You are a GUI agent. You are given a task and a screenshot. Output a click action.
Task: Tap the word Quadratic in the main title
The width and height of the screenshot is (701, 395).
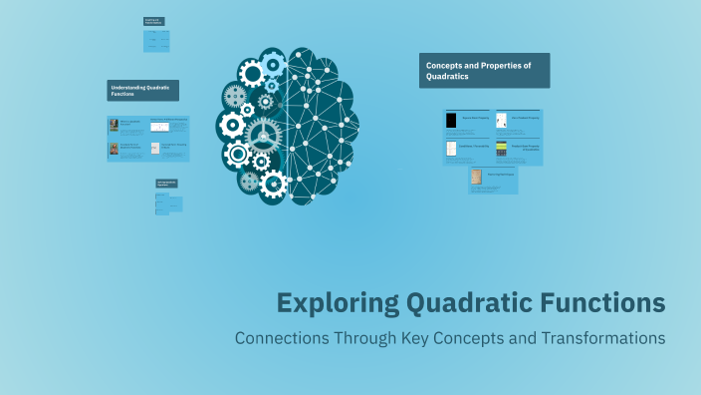tap(463, 302)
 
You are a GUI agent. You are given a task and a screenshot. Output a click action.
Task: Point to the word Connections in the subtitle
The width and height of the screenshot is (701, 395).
tap(283, 338)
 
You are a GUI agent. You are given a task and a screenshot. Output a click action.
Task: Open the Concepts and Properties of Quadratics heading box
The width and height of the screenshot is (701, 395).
tap(484, 71)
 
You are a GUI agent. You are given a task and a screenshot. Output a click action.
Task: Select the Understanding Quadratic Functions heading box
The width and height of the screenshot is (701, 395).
tap(143, 91)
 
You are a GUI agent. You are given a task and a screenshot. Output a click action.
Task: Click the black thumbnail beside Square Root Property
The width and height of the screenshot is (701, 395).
tap(451, 121)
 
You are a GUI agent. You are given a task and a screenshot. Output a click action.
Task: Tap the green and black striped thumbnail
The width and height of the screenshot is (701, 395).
tap(502, 149)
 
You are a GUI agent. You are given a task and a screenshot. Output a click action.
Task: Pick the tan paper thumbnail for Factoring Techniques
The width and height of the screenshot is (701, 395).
tap(477, 178)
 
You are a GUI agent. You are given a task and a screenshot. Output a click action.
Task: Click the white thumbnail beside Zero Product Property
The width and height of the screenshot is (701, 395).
tap(502, 121)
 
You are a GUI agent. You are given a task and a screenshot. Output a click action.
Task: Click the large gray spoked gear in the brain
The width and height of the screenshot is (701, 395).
tap(263, 134)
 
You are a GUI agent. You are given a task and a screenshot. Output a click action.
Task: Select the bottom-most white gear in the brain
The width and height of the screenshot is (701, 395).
tap(271, 183)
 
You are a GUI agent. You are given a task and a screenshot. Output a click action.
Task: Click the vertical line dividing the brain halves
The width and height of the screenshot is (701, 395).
tap(287, 120)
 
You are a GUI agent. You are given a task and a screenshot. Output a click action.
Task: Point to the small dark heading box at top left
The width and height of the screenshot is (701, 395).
tap(153, 20)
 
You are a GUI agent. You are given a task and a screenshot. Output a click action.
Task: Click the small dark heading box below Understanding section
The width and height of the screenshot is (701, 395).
tap(165, 184)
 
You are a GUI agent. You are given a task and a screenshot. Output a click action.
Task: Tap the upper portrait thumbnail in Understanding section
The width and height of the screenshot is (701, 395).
tap(114, 126)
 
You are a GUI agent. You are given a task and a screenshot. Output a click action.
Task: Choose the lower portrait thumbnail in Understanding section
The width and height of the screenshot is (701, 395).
tap(114, 149)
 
